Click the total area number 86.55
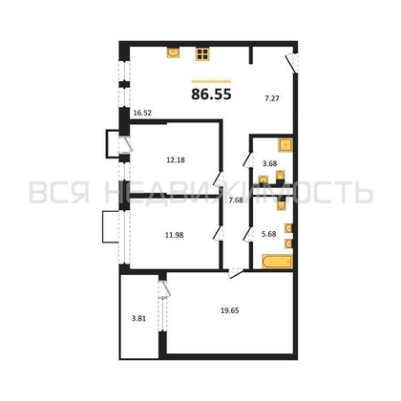click(x=211, y=94)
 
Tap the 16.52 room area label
click(x=144, y=112)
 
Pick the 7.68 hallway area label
click(x=236, y=200)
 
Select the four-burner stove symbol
click(x=203, y=54)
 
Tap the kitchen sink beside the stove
click(x=173, y=53)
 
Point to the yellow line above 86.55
click(x=211, y=80)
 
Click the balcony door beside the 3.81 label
click(x=163, y=287)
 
